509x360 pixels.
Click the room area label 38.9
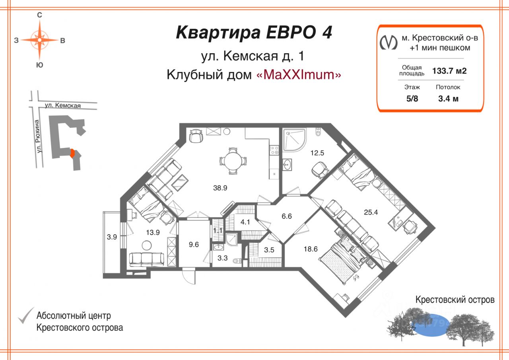[x=220, y=188]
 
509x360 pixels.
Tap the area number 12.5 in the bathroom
[x=317, y=152]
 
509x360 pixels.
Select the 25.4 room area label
[x=371, y=212]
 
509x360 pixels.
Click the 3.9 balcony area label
[x=112, y=237]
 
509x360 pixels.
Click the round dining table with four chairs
[x=233, y=161]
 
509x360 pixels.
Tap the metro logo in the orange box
[x=389, y=42]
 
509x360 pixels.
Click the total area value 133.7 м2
[x=449, y=71]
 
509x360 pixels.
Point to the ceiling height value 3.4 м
[x=448, y=99]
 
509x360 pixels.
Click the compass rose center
[x=40, y=40]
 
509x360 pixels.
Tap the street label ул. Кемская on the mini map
[x=62, y=105]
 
